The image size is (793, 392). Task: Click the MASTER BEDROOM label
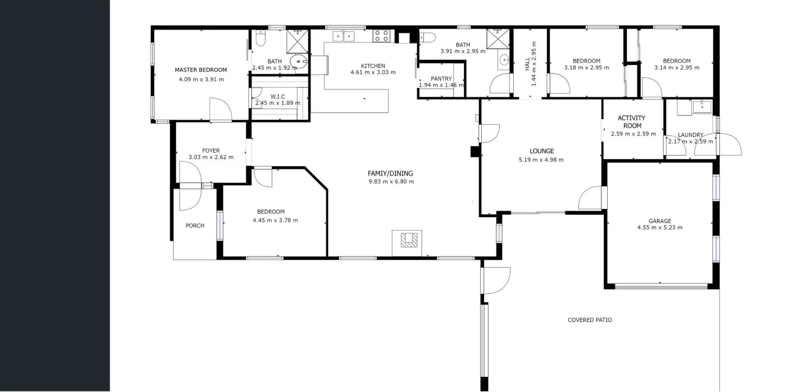(x=200, y=70)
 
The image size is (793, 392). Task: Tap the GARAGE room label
(x=659, y=221)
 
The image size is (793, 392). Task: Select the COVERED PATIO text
(x=589, y=320)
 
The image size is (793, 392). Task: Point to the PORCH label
(x=195, y=226)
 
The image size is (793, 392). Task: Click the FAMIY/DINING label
(x=390, y=173)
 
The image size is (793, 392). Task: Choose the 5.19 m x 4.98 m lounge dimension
(x=540, y=160)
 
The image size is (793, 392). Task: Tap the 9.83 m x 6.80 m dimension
(x=391, y=182)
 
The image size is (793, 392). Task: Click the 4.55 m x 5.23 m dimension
(x=659, y=228)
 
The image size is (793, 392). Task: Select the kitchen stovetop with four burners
(x=381, y=36)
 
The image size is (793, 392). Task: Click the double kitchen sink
(x=344, y=37)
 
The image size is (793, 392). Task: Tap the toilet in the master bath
(x=259, y=39)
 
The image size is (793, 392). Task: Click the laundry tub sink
(x=702, y=106)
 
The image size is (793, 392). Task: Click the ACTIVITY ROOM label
(x=632, y=122)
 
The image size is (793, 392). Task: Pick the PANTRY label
(x=441, y=79)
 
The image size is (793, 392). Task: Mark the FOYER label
(x=211, y=150)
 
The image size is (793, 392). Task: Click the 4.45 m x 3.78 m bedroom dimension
(x=275, y=220)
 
